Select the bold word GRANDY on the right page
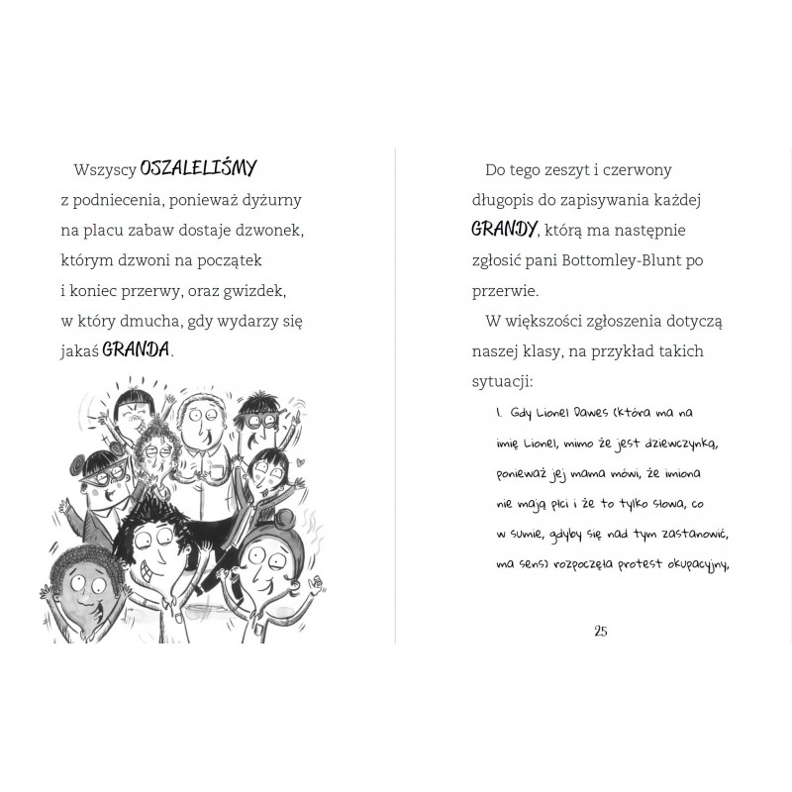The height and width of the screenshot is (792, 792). [504, 230]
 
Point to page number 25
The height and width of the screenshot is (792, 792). [601, 632]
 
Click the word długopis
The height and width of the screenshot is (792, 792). [509, 200]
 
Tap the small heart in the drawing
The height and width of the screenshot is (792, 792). [295, 462]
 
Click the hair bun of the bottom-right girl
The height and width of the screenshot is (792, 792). [274, 519]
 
